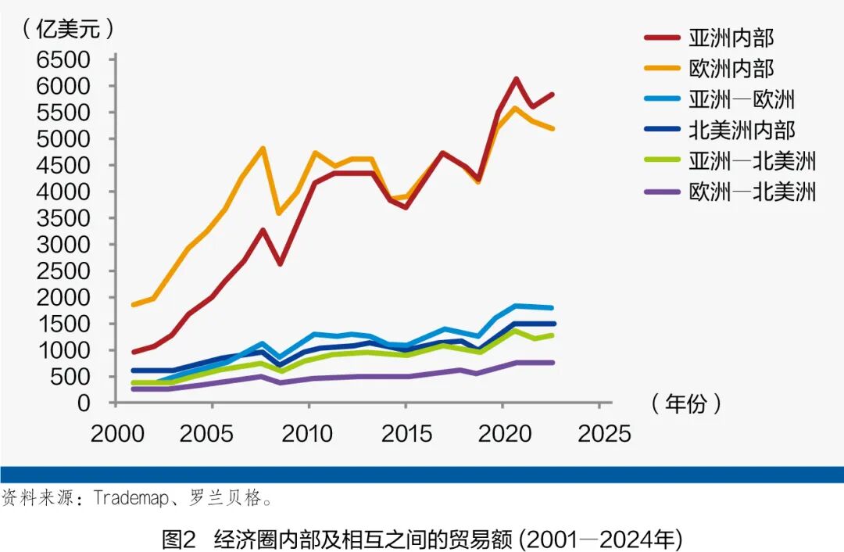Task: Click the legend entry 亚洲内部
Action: point(731,38)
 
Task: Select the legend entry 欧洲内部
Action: point(731,68)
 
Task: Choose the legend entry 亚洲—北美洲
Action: point(751,161)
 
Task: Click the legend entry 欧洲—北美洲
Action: point(751,192)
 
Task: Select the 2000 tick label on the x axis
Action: point(117,434)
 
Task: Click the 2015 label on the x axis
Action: point(407,434)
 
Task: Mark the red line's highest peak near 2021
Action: point(516,78)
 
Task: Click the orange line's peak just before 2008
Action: point(263,148)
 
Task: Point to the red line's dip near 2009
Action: point(280,263)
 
